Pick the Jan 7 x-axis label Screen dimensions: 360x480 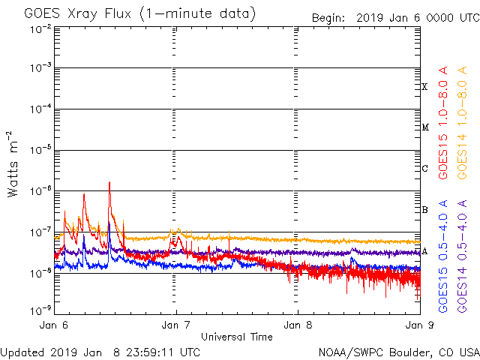pyautogui.click(x=176, y=325)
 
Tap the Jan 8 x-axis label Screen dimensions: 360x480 pyautogui.click(x=297, y=325)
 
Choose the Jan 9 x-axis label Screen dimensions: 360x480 pyautogui.click(x=417, y=325)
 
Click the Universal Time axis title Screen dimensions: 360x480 pyautogui.click(x=236, y=337)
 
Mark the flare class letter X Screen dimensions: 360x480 pyautogui.click(x=424, y=87)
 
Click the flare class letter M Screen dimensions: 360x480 pyautogui.click(x=424, y=127)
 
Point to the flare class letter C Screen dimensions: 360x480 pyautogui.click(x=424, y=169)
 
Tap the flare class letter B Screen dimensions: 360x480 pyautogui.click(x=424, y=210)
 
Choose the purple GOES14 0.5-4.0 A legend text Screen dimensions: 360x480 pyautogui.click(x=463, y=256)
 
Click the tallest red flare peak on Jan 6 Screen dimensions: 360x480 pyautogui.click(x=109, y=182)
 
